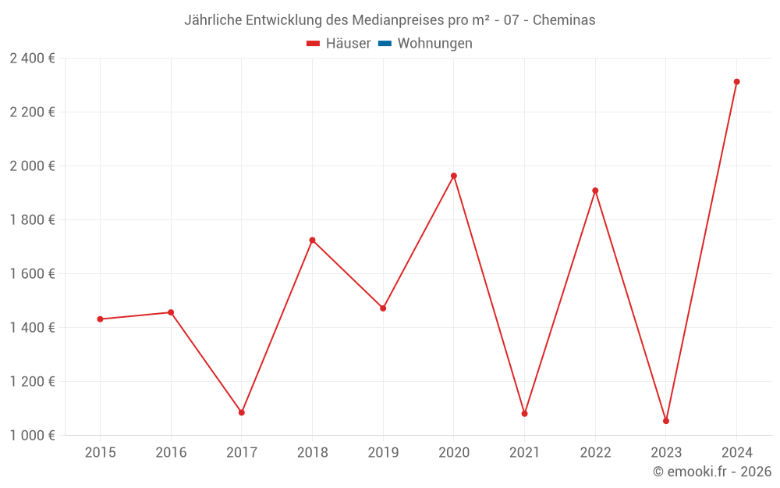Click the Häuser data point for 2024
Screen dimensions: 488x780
(x=736, y=82)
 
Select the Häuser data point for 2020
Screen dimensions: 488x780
(x=454, y=176)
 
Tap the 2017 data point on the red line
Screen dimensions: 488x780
(x=242, y=412)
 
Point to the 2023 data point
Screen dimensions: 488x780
(x=666, y=421)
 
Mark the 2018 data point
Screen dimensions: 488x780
(x=312, y=240)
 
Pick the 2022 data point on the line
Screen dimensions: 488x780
(x=595, y=191)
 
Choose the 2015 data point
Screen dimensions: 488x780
(x=100, y=319)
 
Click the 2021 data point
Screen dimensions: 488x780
(x=524, y=413)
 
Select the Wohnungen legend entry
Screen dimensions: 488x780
(x=434, y=44)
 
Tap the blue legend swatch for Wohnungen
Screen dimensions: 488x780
(x=385, y=44)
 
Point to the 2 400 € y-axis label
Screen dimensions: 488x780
(x=32, y=58)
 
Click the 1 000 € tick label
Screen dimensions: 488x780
(x=32, y=435)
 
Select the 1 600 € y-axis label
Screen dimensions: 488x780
(x=32, y=273)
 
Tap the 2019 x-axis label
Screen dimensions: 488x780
(x=383, y=453)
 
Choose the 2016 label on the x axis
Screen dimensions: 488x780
(x=171, y=453)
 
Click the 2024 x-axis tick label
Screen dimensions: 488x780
(x=736, y=453)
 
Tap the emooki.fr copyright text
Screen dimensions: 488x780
(x=712, y=472)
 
